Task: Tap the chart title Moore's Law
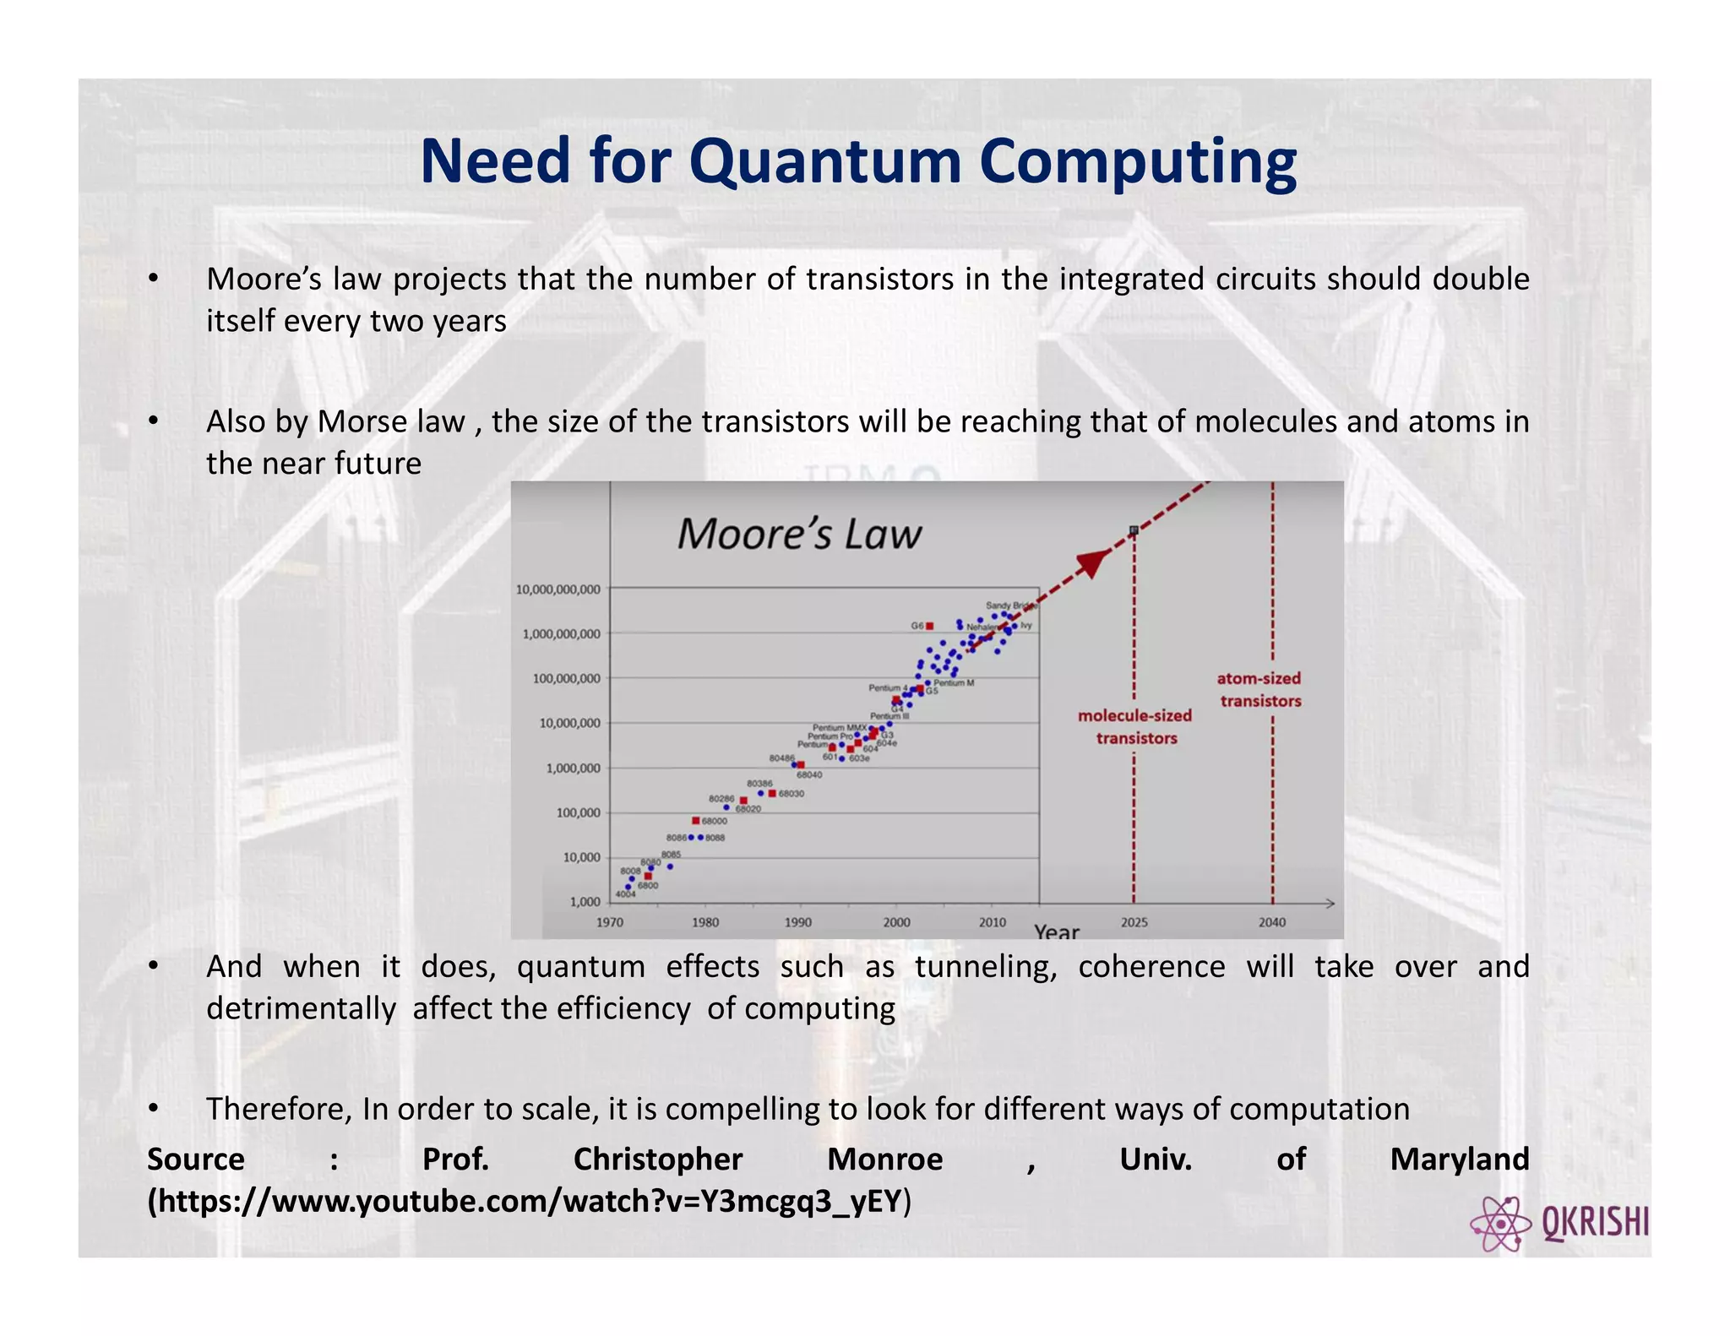coord(798,535)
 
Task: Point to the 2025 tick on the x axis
coord(1134,922)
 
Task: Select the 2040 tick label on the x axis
coord(1272,922)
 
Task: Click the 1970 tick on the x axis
coord(610,922)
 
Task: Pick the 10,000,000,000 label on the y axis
coord(558,589)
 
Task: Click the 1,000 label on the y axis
coord(585,902)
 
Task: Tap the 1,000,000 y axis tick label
coord(573,768)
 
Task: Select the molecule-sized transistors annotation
coord(1135,726)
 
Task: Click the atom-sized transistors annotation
coord(1259,689)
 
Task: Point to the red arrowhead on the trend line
coord(1095,562)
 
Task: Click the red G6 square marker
coord(929,626)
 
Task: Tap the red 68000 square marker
coord(696,820)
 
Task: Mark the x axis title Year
coord(1056,931)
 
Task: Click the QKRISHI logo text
coord(1595,1222)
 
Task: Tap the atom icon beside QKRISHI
coord(1500,1224)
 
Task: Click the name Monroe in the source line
coord(884,1159)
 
